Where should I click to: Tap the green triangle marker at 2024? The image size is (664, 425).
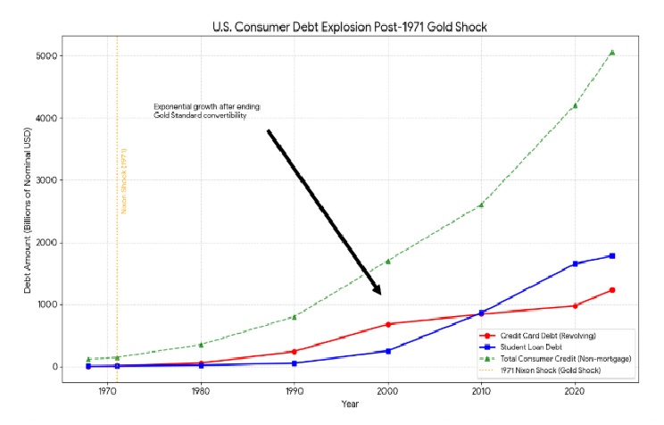612,52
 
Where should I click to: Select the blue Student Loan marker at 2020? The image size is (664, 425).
576,263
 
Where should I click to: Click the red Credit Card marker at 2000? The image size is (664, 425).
388,324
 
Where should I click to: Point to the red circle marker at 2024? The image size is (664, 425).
612,290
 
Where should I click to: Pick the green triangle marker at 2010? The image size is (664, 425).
482,204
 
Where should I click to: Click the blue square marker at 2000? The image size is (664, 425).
388,351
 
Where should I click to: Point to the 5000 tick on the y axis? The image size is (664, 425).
46,56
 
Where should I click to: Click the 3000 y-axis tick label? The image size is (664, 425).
46,180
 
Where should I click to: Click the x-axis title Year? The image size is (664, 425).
350,404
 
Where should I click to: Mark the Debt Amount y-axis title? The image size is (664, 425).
28,211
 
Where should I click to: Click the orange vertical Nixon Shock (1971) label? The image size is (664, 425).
123,180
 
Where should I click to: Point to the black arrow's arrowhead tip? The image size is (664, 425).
381,294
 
